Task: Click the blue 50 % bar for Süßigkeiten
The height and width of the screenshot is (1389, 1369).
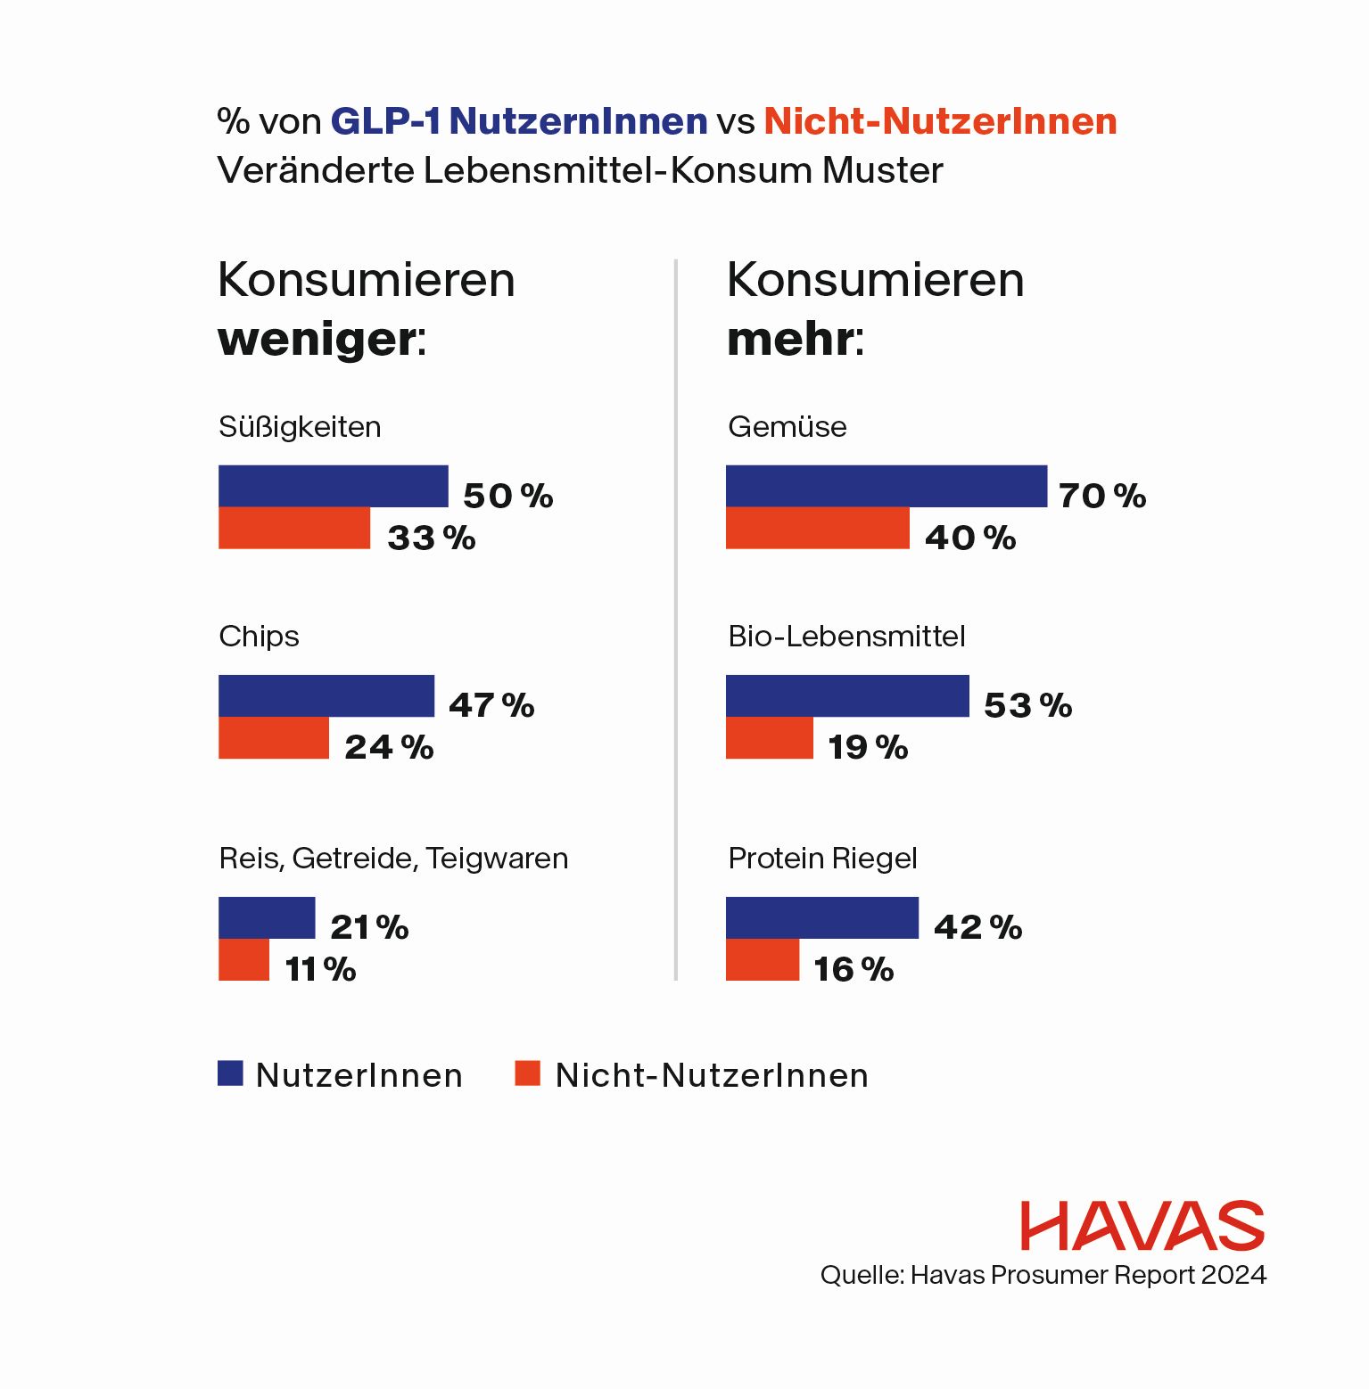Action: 333,486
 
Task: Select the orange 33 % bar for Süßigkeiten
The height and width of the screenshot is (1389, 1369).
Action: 293,528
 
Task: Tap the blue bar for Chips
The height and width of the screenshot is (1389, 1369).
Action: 326,695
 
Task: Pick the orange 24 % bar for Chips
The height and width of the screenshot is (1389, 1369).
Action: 273,738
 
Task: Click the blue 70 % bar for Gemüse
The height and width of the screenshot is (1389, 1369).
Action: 886,486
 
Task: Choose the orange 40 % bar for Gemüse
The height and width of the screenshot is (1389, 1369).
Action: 817,528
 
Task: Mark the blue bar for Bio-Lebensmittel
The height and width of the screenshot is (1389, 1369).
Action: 846,695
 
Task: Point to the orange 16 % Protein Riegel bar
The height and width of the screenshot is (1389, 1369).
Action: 762,960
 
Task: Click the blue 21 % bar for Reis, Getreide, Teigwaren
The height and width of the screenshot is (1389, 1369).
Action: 266,917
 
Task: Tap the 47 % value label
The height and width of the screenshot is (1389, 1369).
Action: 491,705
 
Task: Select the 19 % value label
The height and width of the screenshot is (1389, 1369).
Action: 868,747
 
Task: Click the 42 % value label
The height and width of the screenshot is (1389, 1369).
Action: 977,927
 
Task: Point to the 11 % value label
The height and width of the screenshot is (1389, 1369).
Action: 320,969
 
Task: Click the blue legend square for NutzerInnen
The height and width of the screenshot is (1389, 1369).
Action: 230,1073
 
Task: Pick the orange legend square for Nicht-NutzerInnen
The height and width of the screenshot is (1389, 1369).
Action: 527,1073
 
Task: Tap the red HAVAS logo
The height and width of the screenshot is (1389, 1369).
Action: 1142,1226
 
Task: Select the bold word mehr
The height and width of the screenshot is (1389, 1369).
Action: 790,339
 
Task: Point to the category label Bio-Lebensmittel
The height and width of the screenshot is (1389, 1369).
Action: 846,637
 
